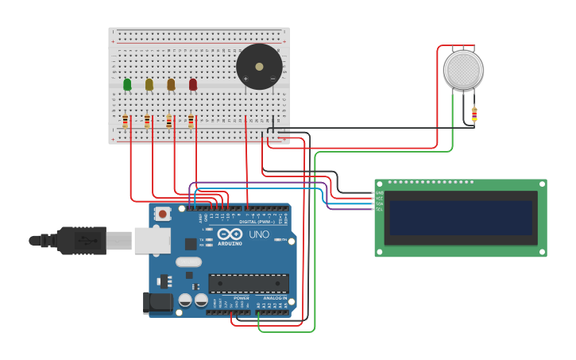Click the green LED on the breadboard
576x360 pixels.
click(x=127, y=84)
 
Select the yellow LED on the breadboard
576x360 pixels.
click(x=149, y=84)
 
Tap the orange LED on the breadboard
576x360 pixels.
click(x=171, y=84)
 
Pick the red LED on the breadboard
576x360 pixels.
click(x=193, y=84)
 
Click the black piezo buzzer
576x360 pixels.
click(x=259, y=67)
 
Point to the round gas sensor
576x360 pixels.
click(x=462, y=70)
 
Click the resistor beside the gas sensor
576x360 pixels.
click(x=474, y=115)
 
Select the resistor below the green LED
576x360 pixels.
click(x=126, y=121)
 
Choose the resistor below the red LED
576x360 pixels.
click(x=191, y=121)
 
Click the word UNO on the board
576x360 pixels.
click(x=259, y=235)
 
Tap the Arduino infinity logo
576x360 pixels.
click(x=230, y=234)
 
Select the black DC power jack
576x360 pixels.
click(x=157, y=303)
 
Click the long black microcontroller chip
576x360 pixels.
click(x=248, y=283)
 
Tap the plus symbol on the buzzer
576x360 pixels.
click(x=245, y=79)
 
